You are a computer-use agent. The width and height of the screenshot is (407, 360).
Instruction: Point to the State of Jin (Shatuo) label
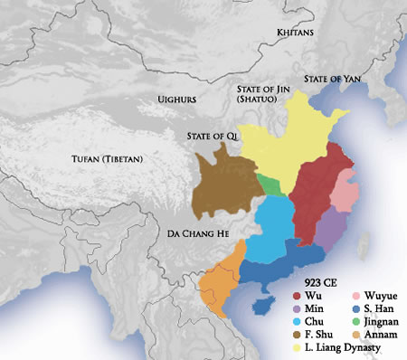point(260,93)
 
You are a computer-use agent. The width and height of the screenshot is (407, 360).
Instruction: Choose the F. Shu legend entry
point(321,334)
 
